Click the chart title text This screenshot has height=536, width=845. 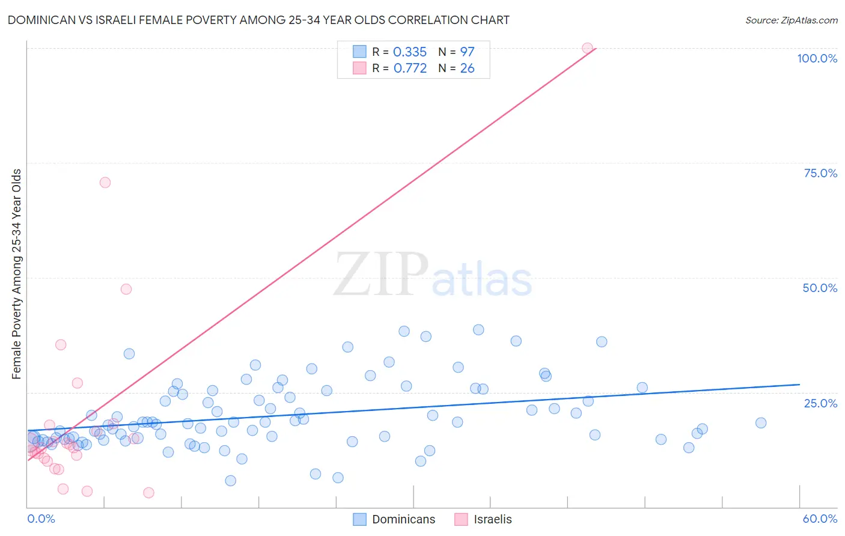point(258,20)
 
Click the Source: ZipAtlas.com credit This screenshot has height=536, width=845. point(791,20)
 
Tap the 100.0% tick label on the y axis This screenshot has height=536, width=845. point(817,58)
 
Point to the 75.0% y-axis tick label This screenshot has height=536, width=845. point(820,173)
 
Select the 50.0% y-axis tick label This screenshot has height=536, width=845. point(820,288)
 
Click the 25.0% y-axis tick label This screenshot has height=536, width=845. point(820,403)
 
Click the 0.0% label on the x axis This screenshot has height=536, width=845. point(41,519)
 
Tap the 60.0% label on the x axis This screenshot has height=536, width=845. point(820,519)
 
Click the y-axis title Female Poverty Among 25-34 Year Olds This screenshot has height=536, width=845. point(17,274)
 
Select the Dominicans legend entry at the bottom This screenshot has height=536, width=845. point(403,519)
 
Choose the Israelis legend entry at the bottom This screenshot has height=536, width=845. point(492,519)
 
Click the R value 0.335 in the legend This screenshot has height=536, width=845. point(409,52)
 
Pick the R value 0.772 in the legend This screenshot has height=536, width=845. point(410,69)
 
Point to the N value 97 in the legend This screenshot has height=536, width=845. point(467,52)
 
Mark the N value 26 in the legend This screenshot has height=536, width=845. point(467,69)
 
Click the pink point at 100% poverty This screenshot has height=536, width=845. point(587,48)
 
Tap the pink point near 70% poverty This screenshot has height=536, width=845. point(105,183)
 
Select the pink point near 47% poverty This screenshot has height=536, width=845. point(126,289)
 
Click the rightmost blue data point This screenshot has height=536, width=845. point(761,423)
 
